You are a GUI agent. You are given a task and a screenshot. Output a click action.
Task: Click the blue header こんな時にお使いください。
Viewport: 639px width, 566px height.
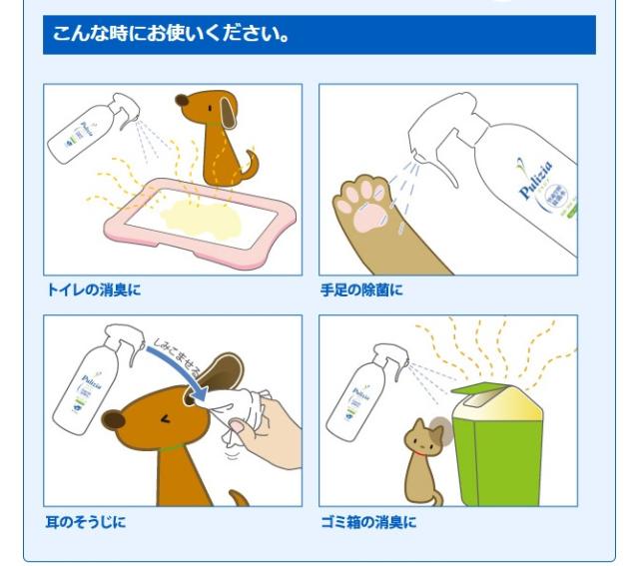tap(319, 36)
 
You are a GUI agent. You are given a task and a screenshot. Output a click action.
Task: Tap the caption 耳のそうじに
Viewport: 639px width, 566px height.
tap(85, 520)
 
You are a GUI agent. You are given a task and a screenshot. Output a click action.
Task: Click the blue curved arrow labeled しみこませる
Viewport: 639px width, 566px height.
tap(180, 369)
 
